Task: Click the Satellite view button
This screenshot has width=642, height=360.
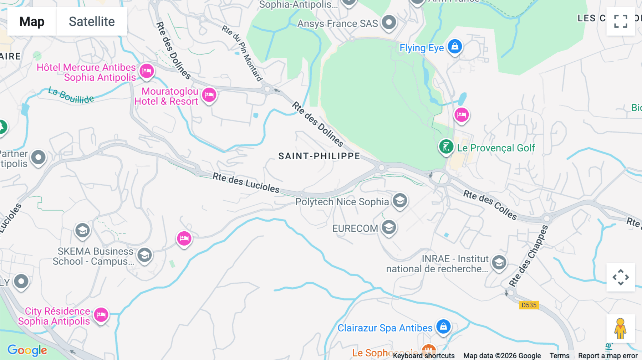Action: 92,21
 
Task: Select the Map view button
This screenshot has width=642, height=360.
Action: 32,21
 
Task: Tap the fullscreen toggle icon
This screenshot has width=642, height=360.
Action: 621,21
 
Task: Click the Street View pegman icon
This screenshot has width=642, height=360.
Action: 621,329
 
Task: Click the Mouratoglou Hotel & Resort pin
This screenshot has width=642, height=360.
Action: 209,95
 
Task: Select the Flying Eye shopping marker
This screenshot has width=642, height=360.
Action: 455,46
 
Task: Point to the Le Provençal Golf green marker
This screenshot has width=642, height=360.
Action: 446,146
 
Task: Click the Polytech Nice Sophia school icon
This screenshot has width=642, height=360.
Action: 400,201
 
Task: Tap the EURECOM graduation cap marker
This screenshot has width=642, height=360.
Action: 389,227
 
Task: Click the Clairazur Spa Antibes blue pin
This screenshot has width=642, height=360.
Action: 443,326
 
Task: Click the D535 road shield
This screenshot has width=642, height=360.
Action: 529,305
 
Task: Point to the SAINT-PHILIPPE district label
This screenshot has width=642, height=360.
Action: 319,156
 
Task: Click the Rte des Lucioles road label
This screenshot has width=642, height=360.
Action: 246,182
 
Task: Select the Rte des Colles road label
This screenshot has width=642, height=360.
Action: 490,205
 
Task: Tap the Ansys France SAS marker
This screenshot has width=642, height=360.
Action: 389,22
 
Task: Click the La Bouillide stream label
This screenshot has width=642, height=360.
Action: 71,95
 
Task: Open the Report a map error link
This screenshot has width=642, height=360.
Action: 607,355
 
